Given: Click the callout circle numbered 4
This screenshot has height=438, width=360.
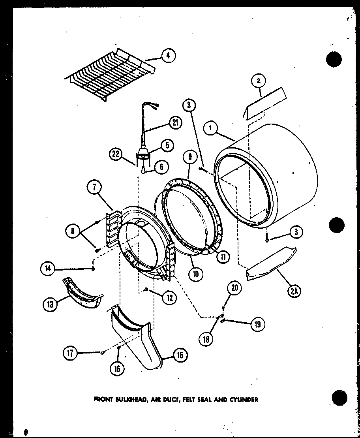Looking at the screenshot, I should pyautogui.click(x=168, y=56).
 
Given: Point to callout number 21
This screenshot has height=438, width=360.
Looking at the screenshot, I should pyautogui.click(x=175, y=123).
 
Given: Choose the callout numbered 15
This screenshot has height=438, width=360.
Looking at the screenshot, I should pyautogui.click(x=180, y=355).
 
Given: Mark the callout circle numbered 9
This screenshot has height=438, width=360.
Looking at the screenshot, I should pyautogui.click(x=190, y=157).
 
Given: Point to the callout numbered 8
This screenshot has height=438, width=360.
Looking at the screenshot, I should pyautogui.click(x=73, y=231).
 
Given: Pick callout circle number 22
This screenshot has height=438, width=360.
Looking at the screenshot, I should pyautogui.click(x=115, y=154).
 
